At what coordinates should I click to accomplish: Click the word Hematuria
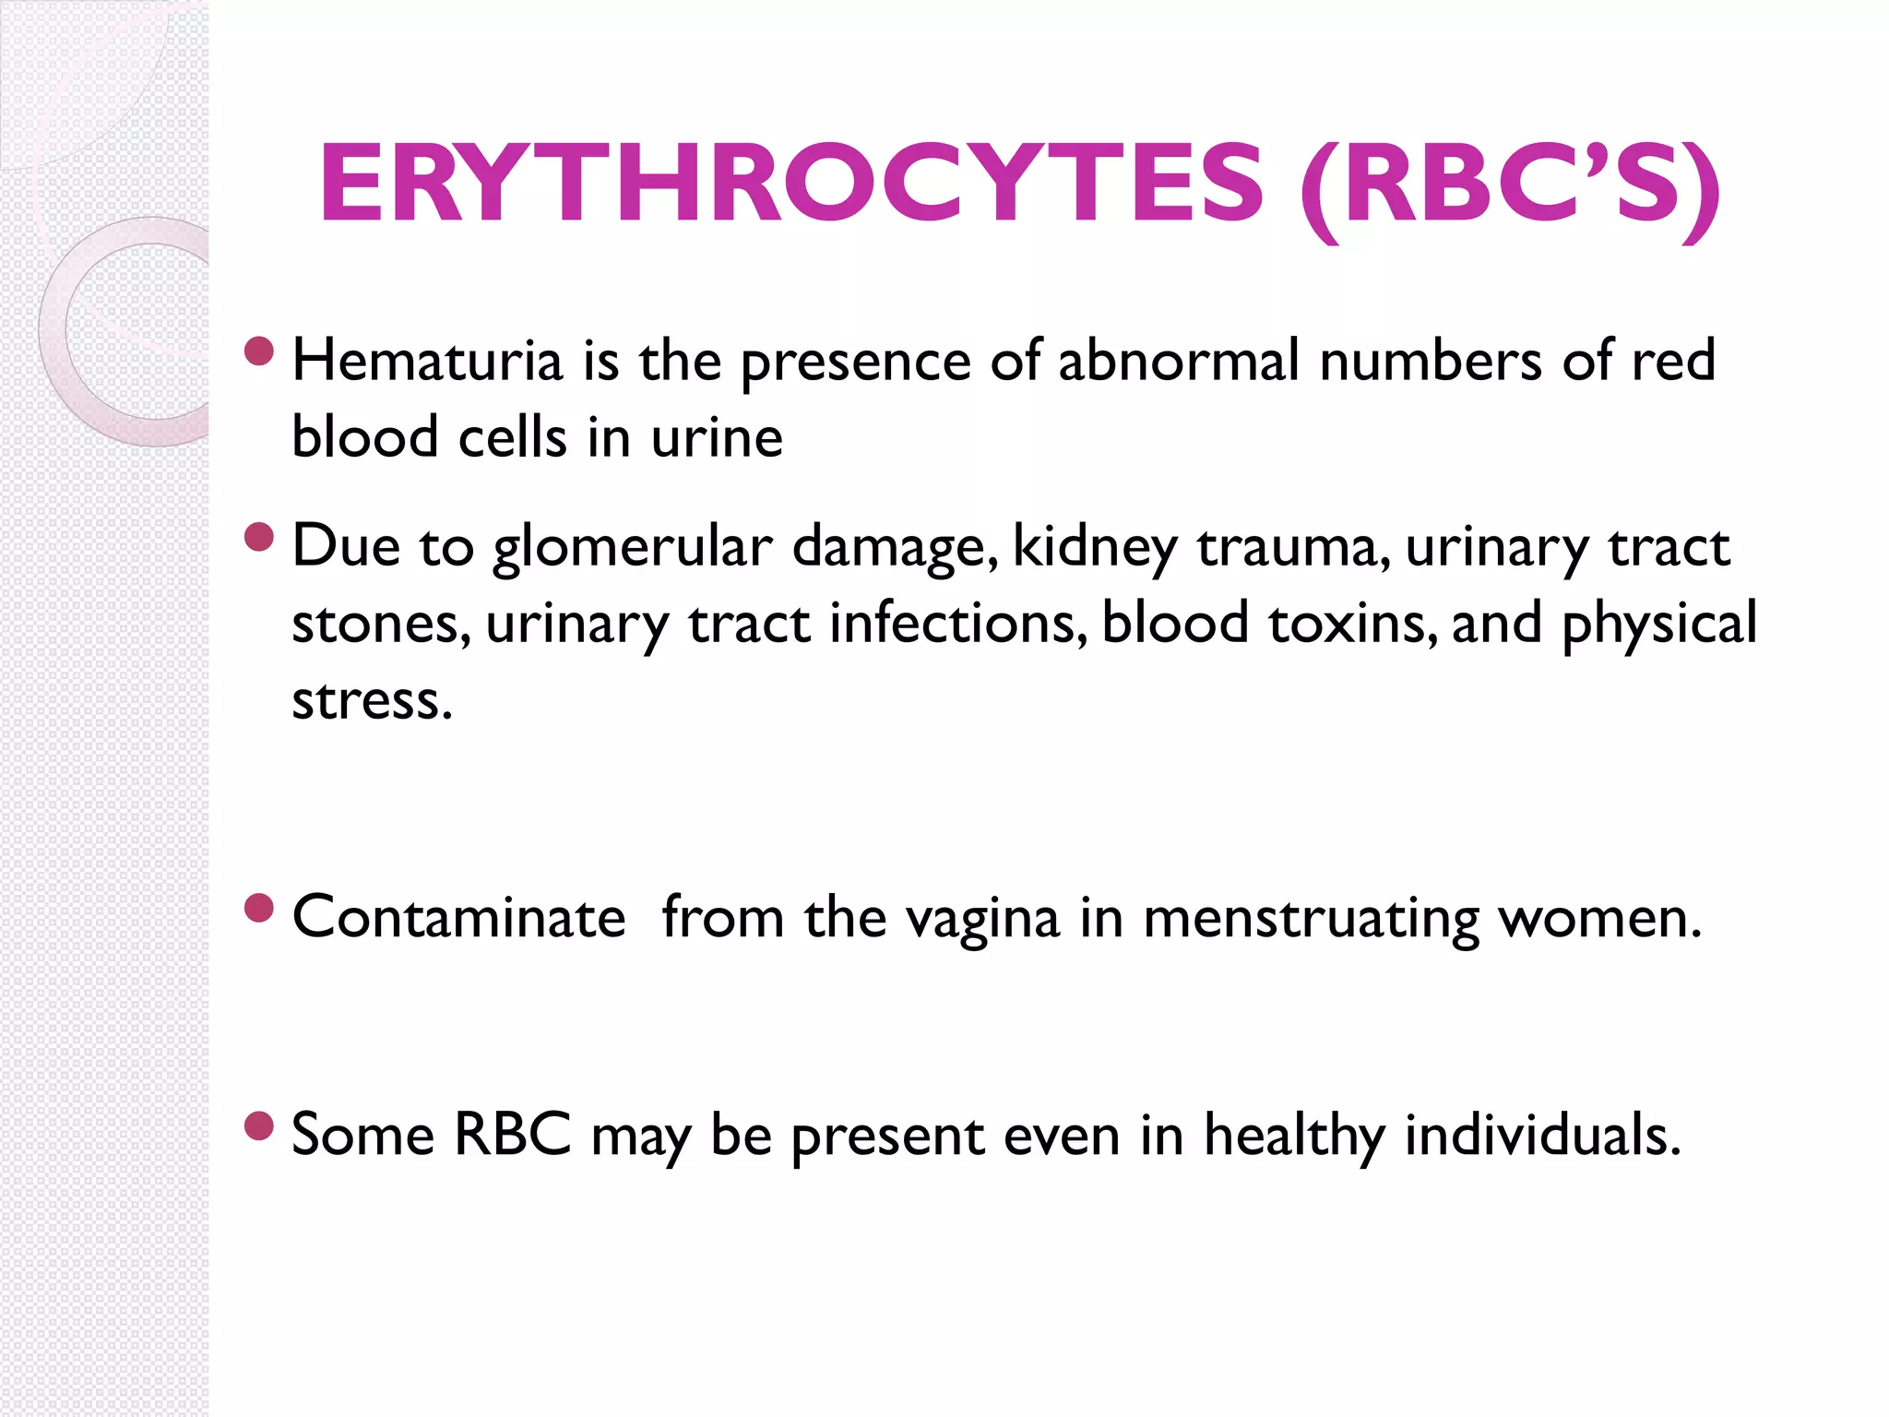tap(427, 361)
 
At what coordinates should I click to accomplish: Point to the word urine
tap(717, 437)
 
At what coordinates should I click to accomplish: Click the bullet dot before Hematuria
tap(260, 351)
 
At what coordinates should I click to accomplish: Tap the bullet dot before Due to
tap(260, 537)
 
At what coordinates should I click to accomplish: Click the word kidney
tap(1095, 548)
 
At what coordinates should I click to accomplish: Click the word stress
tap(372, 701)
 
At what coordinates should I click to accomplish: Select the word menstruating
tap(1311, 920)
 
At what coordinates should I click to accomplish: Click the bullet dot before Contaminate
tap(260, 909)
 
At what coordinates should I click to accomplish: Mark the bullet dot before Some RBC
tap(260, 1125)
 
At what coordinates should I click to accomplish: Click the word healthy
tap(1294, 1136)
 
